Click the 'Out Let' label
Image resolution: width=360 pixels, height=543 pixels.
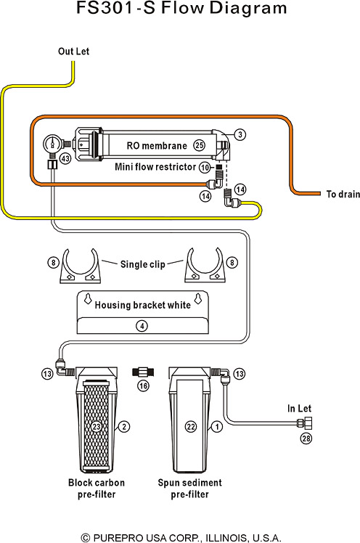(x=73, y=52)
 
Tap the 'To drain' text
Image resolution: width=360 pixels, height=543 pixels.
(x=343, y=194)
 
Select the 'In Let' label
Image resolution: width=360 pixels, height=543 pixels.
(x=300, y=409)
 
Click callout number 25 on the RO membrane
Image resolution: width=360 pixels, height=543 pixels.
(x=199, y=145)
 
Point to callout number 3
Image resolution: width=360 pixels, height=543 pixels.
(x=240, y=134)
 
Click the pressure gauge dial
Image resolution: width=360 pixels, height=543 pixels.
(x=52, y=143)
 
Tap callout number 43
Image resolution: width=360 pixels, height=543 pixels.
(x=65, y=159)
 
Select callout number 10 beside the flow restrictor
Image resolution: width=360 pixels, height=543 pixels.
(x=205, y=167)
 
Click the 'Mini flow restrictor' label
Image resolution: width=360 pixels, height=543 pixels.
(x=155, y=167)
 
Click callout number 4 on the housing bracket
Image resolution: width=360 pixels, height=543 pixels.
(x=142, y=326)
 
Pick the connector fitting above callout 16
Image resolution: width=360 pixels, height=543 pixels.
(x=143, y=372)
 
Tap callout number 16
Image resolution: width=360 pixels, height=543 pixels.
(x=143, y=385)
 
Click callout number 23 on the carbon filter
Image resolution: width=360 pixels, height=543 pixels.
(x=97, y=426)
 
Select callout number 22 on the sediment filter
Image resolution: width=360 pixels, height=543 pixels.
(x=191, y=426)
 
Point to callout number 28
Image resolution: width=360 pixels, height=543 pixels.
(x=306, y=438)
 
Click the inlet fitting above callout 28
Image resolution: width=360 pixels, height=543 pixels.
(x=305, y=423)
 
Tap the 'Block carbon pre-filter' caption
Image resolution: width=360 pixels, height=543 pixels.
(x=97, y=489)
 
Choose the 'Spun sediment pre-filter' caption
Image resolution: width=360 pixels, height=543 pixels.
(x=189, y=489)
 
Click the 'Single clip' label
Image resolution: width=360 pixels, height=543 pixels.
(x=142, y=264)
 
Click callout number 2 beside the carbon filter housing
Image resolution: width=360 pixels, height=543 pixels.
(x=124, y=426)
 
